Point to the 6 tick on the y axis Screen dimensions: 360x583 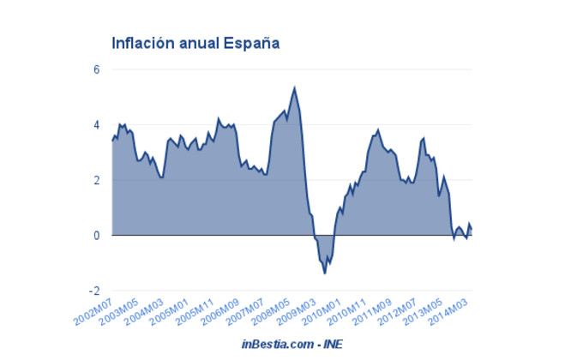click(x=97, y=69)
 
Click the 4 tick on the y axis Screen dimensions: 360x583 click(x=97, y=125)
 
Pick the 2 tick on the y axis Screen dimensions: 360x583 click(x=97, y=180)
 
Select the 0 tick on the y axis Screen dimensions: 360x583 click(x=97, y=236)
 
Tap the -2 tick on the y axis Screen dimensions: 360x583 click(x=95, y=291)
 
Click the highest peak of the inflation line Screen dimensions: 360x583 click(x=294, y=87)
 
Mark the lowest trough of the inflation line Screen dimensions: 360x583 click(x=325, y=273)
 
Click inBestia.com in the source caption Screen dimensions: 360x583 click(x=273, y=344)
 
